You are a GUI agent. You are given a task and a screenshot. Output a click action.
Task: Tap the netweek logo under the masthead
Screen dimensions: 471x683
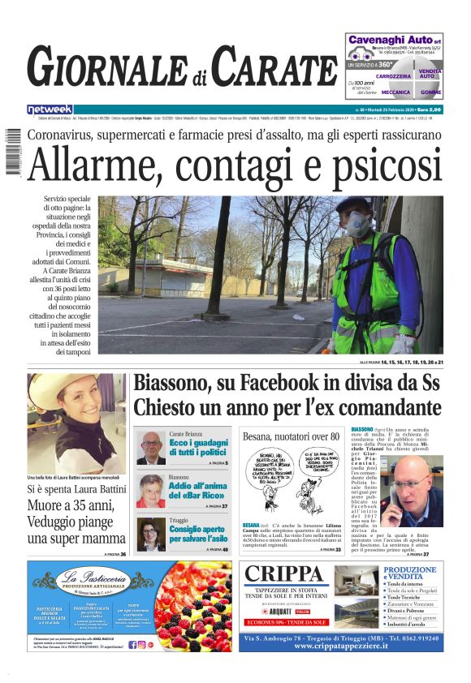50,109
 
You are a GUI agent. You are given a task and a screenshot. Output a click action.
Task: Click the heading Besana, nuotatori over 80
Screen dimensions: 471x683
290,436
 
